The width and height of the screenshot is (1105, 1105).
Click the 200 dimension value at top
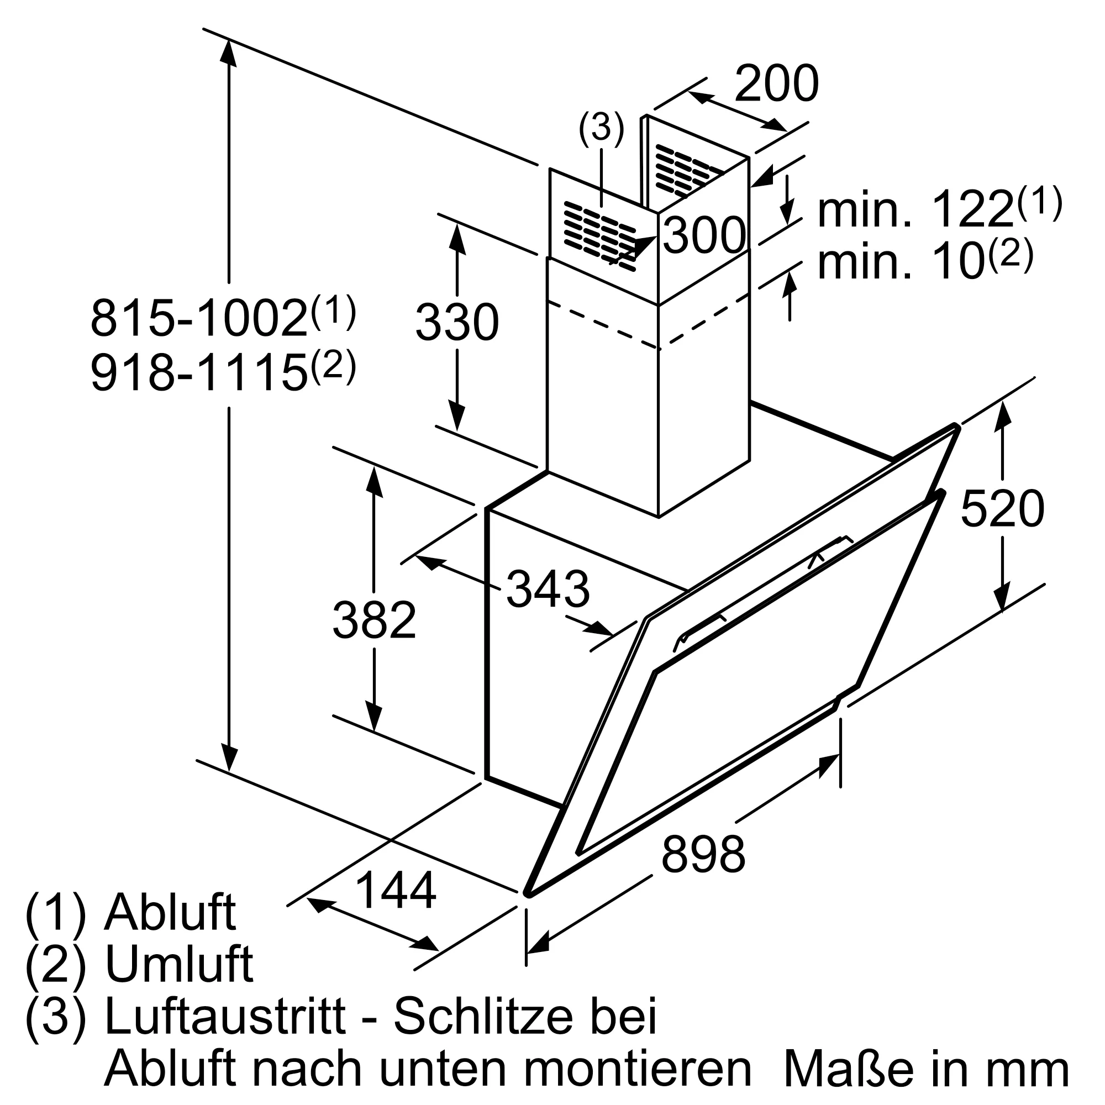776,85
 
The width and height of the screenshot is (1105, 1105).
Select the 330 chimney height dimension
457,323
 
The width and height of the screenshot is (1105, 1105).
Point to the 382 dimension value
374,621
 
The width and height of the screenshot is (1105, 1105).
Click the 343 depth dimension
548,590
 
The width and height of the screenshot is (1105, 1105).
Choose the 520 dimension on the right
1002,509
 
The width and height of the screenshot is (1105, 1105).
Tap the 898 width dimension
703,854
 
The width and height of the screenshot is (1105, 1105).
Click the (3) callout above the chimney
601,128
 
